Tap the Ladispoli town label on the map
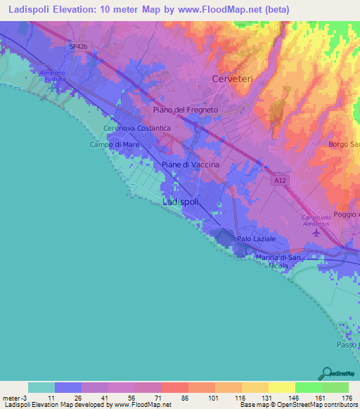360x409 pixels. click(181, 202)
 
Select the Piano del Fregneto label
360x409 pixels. click(186, 110)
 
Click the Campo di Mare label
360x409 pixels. click(114, 145)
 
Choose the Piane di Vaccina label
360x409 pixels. click(191, 164)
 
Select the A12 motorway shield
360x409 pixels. click(281, 181)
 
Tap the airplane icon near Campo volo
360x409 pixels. click(316, 232)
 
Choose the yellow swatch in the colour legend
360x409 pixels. click(281, 387)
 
